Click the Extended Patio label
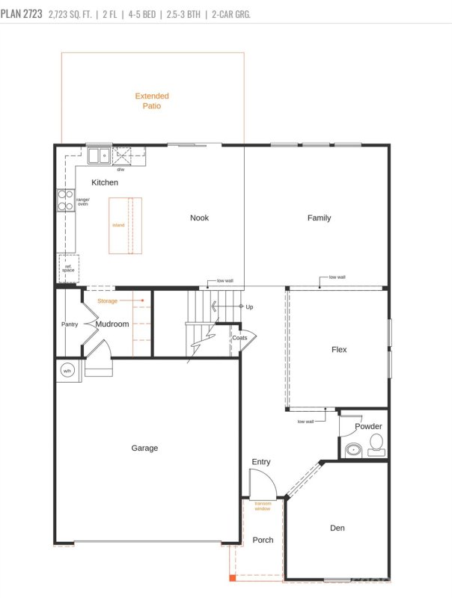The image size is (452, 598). tap(152, 101)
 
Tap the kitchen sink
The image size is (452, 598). tap(100, 155)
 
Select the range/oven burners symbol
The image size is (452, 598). tap(65, 200)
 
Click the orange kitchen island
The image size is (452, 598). tap(125, 226)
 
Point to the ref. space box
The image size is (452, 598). tap(68, 268)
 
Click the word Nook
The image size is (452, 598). tap(199, 218)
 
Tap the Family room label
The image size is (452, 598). tap(319, 218)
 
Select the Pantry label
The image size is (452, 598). tap(70, 324)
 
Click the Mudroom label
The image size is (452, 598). tap(112, 324)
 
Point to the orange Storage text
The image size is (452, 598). tap(107, 301)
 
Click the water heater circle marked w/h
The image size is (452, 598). tap(67, 371)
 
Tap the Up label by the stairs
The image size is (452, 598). tap(249, 306)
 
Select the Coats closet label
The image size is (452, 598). tap(239, 338)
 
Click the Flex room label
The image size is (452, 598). tap(339, 349)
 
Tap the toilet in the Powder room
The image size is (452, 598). tap(376, 445)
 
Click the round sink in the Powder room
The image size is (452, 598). tap(354, 450)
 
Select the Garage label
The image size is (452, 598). tap(144, 448)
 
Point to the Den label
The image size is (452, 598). tap(337, 528)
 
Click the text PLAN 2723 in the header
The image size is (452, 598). tap(22, 14)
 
